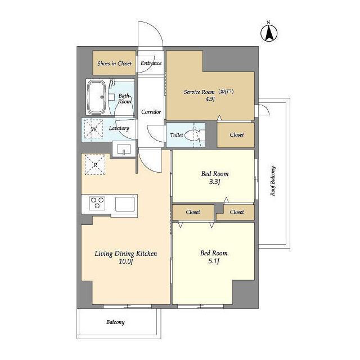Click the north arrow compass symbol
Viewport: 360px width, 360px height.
coord(269,31)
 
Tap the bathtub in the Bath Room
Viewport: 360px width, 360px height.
coord(97,97)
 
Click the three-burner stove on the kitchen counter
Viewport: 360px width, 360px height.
coord(97,203)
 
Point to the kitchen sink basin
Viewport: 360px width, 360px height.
coord(125,204)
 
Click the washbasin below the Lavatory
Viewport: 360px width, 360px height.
coord(124,149)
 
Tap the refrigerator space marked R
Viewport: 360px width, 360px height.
coord(95,165)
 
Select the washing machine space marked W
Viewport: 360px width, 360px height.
coord(93,129)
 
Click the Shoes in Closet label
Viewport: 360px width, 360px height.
coord(114,64)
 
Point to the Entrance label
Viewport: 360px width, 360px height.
coord(151,63)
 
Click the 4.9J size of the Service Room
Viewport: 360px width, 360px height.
coord(210,99)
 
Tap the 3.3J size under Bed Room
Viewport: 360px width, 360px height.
coord(215,182)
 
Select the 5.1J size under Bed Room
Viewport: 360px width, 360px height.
coord(214,261)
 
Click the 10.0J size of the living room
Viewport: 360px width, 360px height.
coord(126,262)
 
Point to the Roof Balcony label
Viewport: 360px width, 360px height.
coord(273,181)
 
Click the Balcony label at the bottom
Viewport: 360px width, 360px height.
coord(115,322)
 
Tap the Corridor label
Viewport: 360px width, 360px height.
coord(151,112)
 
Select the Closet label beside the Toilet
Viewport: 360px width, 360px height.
coord(236,135)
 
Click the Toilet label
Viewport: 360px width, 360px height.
coord(176,136)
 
